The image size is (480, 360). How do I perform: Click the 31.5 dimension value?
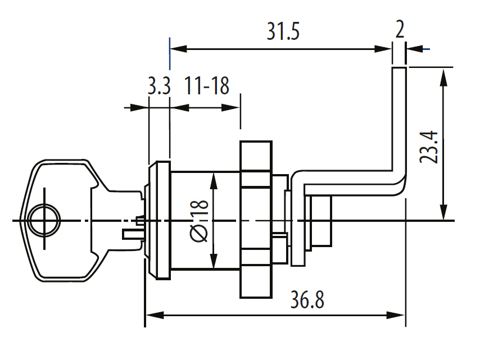coord(283,31)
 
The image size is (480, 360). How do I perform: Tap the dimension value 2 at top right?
coord(400,29)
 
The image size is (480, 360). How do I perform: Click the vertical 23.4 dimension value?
coord(428,147)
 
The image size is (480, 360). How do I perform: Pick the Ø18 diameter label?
coord(200,221)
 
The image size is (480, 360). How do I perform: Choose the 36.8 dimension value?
coord(307,300)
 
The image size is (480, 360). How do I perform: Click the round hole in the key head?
coord(44,220)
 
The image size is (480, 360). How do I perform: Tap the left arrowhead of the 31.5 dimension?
coord(179,49)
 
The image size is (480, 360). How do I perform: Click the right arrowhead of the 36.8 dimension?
coord(396,315)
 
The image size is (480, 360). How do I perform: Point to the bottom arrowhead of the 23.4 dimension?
coord(443,211)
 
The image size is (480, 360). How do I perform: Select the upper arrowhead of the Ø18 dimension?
coord(214,181)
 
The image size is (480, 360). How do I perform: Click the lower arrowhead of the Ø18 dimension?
coord(214,261)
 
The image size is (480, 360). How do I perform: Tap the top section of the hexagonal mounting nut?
coord(256,164)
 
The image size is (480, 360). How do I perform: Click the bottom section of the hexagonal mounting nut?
coord(256,274)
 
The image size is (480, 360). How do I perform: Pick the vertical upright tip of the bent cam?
coord(399,119)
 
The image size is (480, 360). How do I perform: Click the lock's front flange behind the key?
coord(159,220)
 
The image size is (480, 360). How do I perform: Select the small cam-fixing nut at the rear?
coord(321,221)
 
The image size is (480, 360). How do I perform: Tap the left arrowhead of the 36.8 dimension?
coord(155,315)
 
